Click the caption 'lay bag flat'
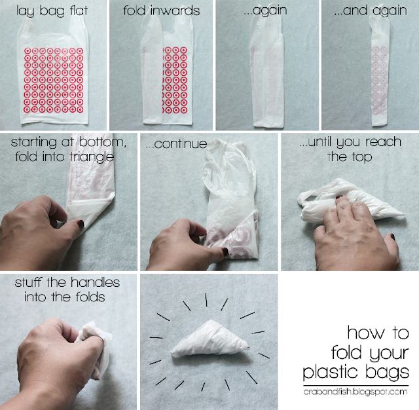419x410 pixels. [52, 11]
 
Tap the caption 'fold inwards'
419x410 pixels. [162, 10]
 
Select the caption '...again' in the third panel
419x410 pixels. [265, 11]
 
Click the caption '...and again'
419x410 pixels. [371, 11]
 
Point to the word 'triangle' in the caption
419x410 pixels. [92, 157]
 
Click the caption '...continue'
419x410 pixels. [177, 144]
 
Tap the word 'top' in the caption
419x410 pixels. [362, 157]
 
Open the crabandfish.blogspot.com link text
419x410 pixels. [355, 392]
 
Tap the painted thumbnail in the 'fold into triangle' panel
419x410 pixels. [81, 224]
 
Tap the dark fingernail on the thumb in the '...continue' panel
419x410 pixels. [225, 252]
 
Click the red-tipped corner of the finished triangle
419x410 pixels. [248, 347]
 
